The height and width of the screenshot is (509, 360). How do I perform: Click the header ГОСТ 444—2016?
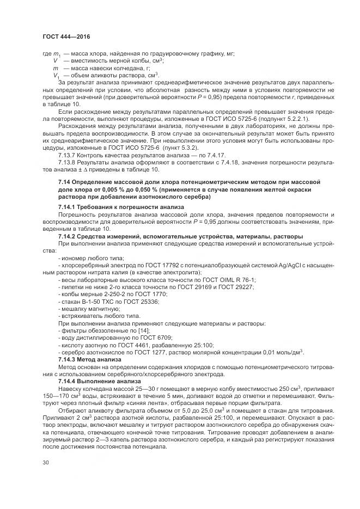pos(66,36)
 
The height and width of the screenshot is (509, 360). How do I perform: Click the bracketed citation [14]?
pos(137,330)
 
